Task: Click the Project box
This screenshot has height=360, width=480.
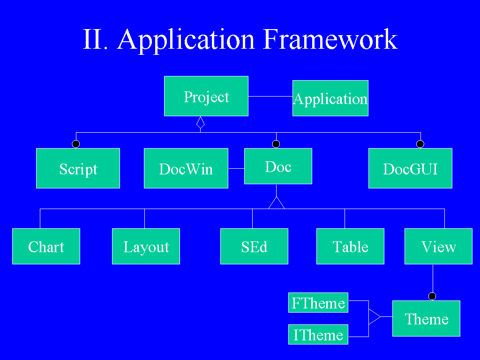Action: pos(206,96)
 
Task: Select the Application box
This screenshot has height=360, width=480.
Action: pos(330,98)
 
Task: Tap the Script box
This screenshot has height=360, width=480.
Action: pos(78,168)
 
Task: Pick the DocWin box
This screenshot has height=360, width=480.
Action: pos(186,168)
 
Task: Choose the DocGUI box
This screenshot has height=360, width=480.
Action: pos(410,168)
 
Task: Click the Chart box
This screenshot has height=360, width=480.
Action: pos(46,246)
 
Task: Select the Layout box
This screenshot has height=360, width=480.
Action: pos(146,246)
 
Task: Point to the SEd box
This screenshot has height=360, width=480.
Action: pos(254,246)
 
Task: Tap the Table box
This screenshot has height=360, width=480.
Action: pos(350,246)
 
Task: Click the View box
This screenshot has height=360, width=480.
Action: pos(438,246)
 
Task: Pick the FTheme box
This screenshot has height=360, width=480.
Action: pos(318,302)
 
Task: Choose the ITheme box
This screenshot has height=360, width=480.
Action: pos(318,334)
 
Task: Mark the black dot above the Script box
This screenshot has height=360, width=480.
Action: pos(75,144)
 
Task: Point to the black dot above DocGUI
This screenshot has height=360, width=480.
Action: pos(420,144)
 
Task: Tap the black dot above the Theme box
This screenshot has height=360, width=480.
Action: pos(432,296)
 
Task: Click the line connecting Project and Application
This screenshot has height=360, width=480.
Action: pos(270,96)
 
